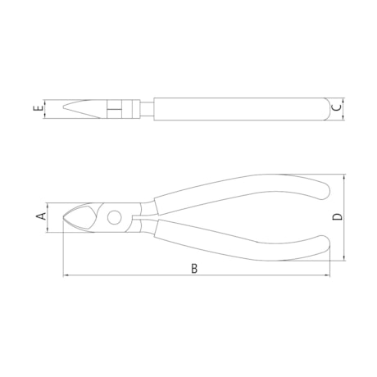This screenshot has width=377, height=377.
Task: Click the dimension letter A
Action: [39, 216]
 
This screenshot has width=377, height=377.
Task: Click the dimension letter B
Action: [194, 268]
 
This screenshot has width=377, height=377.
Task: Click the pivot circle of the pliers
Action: [115, 217]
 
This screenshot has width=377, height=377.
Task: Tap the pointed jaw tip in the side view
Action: [66, 217]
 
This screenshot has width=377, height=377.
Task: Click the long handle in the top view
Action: [238, 107]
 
